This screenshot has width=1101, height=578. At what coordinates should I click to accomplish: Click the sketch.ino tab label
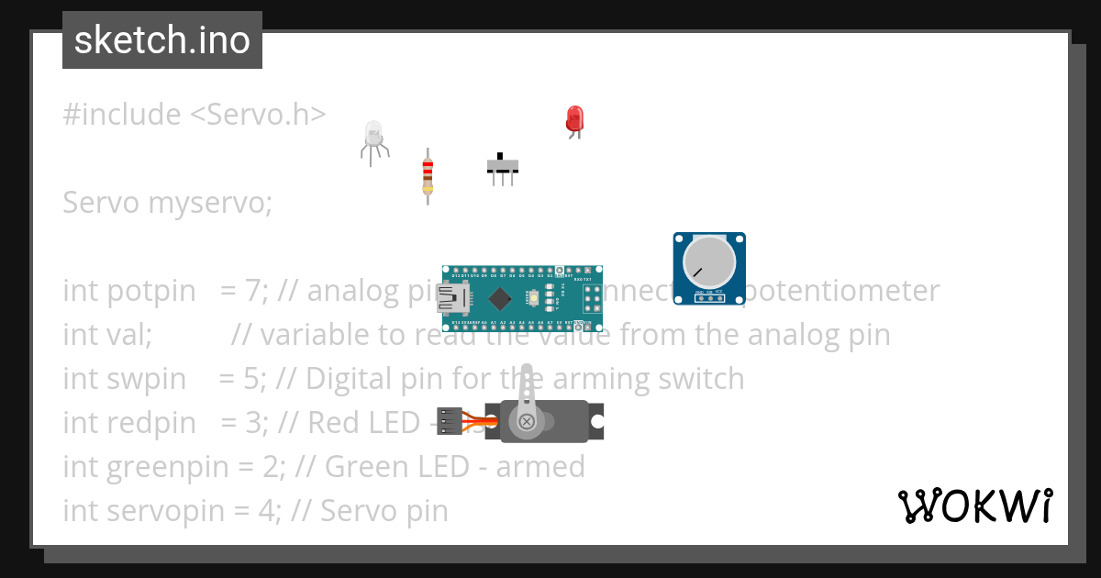tap(161, 40)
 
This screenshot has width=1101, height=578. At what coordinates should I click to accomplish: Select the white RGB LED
tap(373, 136)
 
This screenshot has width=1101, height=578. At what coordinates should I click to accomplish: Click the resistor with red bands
tap(427, 174)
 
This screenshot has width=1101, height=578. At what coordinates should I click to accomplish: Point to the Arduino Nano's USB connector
tap(453, 297)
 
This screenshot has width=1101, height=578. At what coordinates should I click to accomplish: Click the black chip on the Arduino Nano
tap(500, 298)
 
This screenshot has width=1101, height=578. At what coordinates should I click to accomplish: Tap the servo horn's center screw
tap(527, 421)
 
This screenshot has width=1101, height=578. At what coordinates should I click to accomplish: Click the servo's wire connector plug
tap(449, 421)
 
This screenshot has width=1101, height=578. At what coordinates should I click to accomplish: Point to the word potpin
tap(151, 291)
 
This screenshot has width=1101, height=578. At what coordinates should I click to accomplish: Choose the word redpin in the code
tap(151, 423)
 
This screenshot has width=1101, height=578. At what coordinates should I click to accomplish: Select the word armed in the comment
tap(539, 467)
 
